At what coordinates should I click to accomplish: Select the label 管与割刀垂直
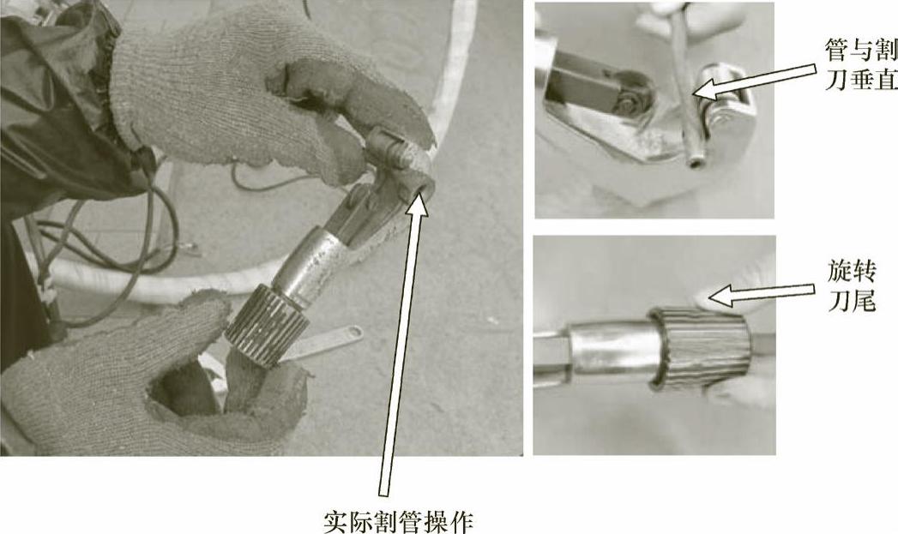(861, 64)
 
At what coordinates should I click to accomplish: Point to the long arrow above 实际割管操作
(404, 345)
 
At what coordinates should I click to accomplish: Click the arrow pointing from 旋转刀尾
(761, 294)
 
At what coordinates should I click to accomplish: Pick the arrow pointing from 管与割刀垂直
(753, 80)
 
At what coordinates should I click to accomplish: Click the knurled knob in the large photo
(268, 325)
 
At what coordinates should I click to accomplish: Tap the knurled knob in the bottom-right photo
(701, 349)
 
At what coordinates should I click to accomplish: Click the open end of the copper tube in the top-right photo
(696, 163)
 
